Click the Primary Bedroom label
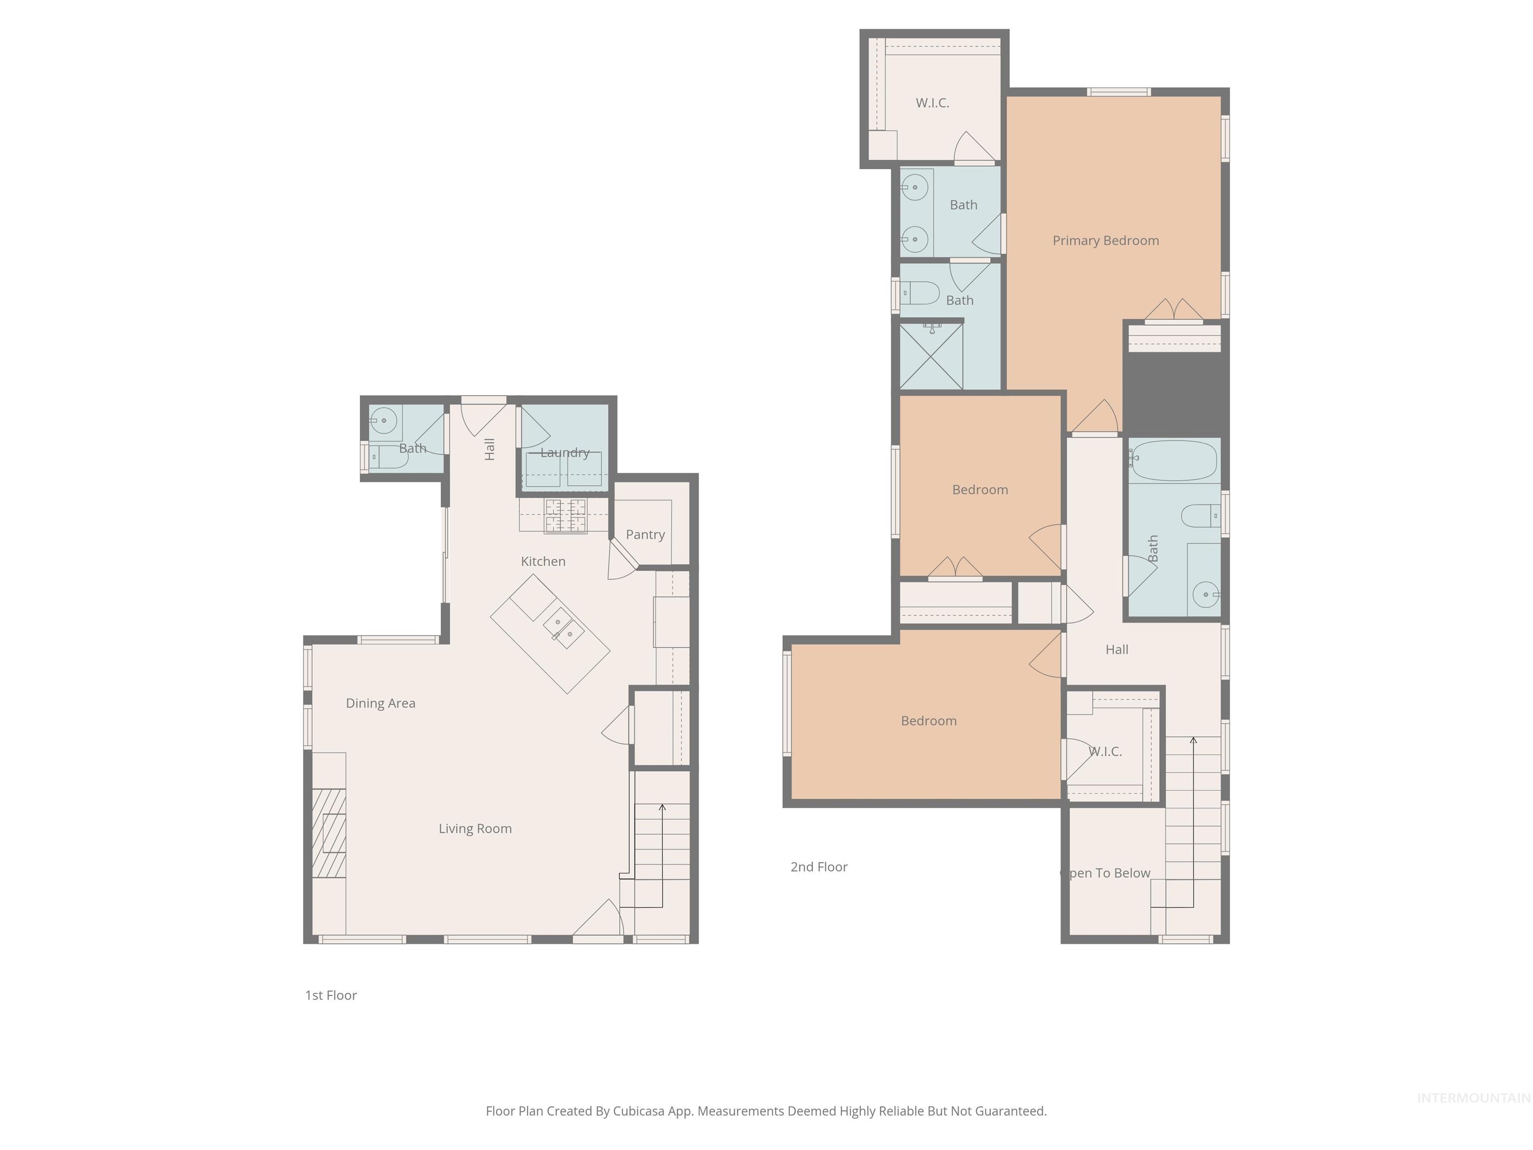point(1105,241)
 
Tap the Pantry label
point(645,535)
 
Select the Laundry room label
point(565,453)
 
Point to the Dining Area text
point(380,703)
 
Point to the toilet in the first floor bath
point(387,457)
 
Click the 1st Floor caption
point(330,995)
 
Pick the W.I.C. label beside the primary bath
point(932,103)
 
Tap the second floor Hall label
point(1116,649)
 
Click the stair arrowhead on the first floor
point(662,808)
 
